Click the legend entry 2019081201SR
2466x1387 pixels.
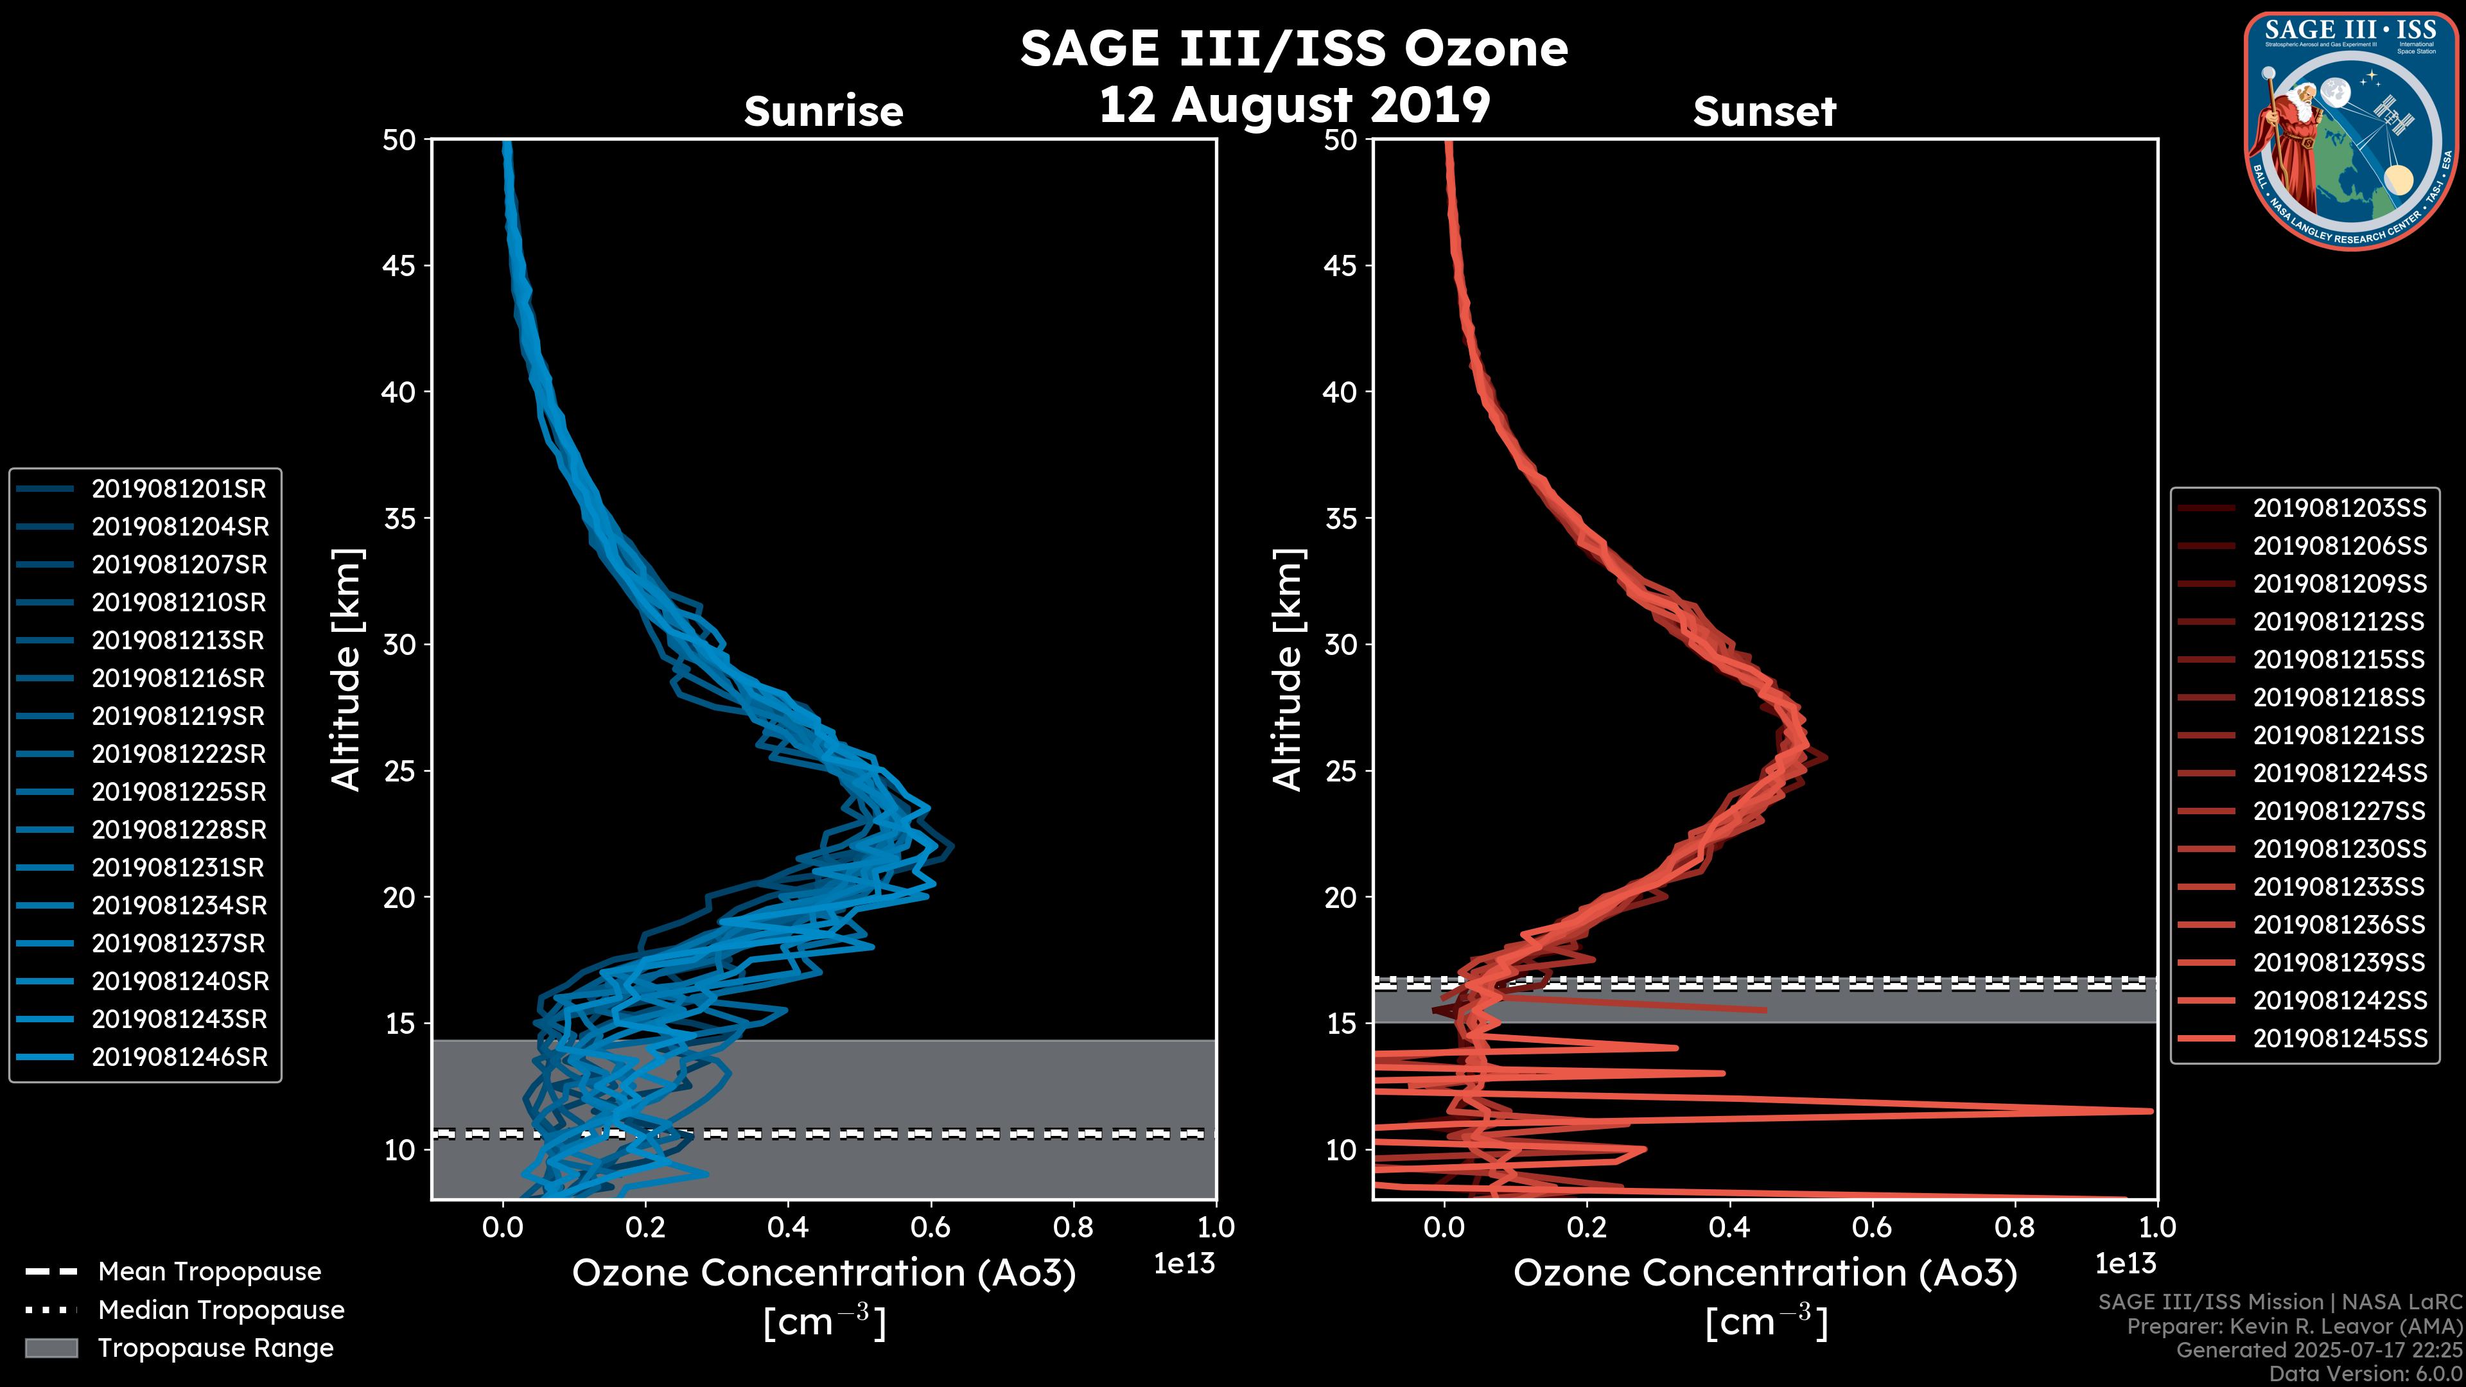[x=178, y=489]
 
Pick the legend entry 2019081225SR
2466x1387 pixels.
[x=178, y=792]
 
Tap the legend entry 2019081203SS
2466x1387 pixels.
[x=2339, y=509]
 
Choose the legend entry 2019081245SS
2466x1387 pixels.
[x=2339, y=1038]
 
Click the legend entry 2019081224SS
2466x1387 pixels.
[x=2339, y=773]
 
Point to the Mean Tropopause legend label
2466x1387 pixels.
[x=209, y=1272]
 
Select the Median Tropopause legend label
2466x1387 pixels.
[x=221, y=1311]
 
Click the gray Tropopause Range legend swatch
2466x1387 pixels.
[x=51, y=1348]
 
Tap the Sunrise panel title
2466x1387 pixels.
[x=823, y=112]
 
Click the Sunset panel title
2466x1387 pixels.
[x=1764, y=112]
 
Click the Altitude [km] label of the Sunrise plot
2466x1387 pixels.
[x=345, y=670]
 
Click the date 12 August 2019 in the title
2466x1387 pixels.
[x=1293, y=105]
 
